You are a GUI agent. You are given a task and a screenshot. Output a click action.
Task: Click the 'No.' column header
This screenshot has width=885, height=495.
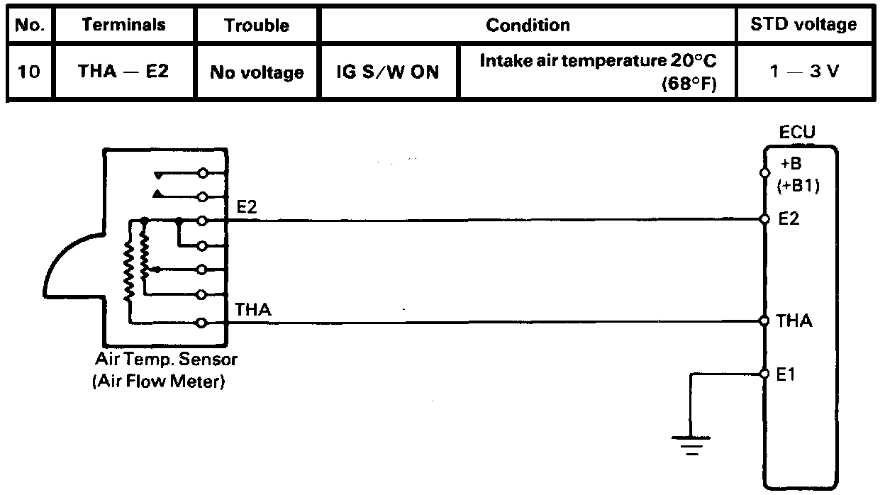[x=30, y=26]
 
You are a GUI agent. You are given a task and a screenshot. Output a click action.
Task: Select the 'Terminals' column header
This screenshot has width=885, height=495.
[x=123, y=26]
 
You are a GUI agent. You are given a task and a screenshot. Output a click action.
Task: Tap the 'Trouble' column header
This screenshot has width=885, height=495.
[x=257, y=26]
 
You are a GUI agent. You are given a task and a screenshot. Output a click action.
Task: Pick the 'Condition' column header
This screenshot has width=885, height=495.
[x=528, y=26]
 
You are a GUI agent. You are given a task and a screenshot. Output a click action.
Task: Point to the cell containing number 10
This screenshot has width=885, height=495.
[x=30, y=72]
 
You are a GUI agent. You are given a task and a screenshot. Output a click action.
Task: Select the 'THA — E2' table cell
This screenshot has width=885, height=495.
[x=123, y=72]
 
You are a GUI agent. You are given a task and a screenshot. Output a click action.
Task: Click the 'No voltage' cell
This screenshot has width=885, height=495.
[x=257, y=72]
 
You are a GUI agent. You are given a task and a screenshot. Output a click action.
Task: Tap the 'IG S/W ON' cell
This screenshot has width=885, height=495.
[x=389, y=72]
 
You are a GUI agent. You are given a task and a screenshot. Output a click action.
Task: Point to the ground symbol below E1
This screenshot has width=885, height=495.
[x=691, y=445]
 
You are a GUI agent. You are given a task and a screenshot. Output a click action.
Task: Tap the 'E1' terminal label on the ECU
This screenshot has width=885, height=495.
[x=786, y=374]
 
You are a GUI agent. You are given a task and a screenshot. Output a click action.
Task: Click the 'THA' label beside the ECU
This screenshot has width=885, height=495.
[x=794, y=321]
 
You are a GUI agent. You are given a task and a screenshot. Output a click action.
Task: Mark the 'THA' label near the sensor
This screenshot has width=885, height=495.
[x=252, y=310]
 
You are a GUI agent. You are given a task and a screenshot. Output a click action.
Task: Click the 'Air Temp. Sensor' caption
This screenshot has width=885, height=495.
[x=166, y=360]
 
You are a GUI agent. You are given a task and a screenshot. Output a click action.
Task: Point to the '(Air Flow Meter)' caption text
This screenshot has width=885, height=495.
[x=158, y=384]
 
